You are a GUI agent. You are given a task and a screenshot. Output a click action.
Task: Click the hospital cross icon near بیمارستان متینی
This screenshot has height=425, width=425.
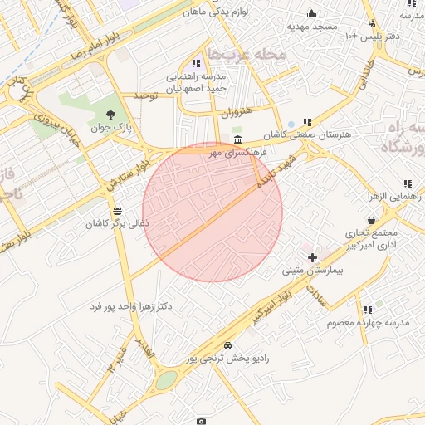[x=312, y=258]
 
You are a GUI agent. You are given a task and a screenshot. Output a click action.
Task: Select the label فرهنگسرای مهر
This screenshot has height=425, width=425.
[x=237, y=153]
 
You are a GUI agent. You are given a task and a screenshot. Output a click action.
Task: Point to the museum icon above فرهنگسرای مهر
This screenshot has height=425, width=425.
[x=238, y=139]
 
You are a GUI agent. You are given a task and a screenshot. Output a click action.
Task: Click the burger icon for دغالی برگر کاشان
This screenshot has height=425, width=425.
[x=117, y=210]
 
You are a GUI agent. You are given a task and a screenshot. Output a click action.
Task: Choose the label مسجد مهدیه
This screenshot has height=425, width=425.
[x=312, y=27]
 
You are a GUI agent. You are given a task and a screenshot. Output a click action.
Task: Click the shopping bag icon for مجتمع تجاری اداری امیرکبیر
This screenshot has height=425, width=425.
[x=371, y=220]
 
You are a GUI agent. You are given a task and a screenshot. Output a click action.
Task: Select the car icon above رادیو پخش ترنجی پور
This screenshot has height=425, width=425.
[x=227, y=345]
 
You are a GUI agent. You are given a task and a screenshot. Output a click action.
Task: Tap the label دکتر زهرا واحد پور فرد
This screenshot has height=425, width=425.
[x=131, y=306]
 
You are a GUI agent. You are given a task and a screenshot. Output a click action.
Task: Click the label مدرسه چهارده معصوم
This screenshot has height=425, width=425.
[x=369, y=321]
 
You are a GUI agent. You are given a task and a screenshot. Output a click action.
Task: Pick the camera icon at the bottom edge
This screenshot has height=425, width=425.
[x=201, y=421]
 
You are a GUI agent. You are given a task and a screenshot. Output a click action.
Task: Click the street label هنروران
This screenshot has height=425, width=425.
[x=235, y=112]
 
